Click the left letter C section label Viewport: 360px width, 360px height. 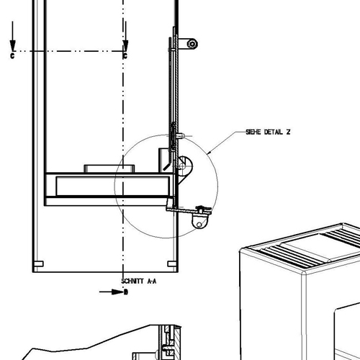click(12, 56)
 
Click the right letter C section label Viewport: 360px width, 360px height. click(125, 56)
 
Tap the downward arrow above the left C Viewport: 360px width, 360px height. click(12, 36)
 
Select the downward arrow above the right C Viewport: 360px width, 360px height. click(125, 36)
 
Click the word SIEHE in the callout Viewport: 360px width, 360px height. click(253, 132)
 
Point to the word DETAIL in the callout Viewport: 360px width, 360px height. click(274, 132)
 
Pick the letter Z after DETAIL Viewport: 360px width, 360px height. click(288, 132)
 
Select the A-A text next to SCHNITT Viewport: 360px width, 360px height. click(151, 281)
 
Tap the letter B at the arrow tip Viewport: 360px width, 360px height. click(126, 292)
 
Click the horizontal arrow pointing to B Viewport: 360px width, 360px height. click(112, 292)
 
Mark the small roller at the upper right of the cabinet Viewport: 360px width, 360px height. click(192, 44)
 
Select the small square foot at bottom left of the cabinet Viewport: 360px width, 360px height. click(39, 264)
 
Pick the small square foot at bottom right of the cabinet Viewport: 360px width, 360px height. click(172, 264)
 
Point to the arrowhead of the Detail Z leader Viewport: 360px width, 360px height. click(209, 152)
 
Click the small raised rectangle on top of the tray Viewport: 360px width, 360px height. click(109, 168)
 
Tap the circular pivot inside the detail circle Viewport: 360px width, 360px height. click(182, 166)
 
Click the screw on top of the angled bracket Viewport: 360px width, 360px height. click(201, 210)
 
